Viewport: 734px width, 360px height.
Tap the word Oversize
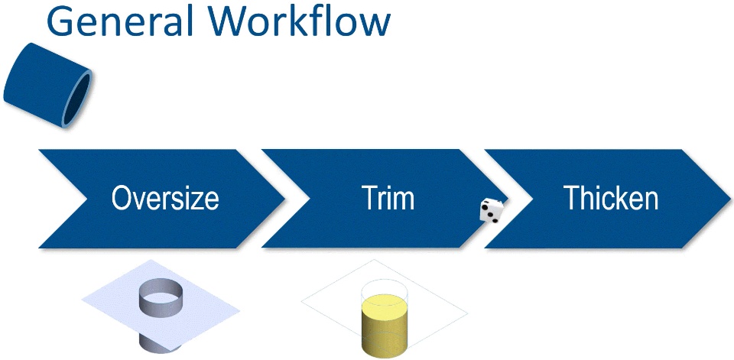[165, 199]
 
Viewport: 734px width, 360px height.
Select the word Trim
[388, 199]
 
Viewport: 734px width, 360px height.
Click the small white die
[490, 210]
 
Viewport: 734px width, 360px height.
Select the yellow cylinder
[385, 329]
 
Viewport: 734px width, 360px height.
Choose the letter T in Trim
[369, 199]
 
